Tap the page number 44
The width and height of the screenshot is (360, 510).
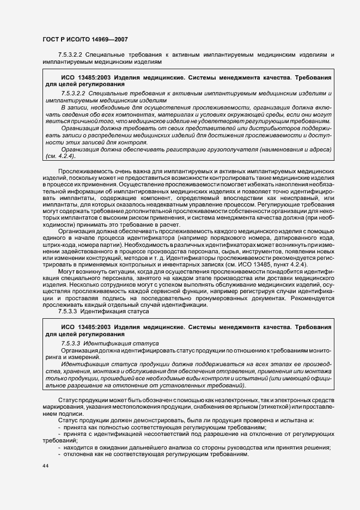pos(45,467)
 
